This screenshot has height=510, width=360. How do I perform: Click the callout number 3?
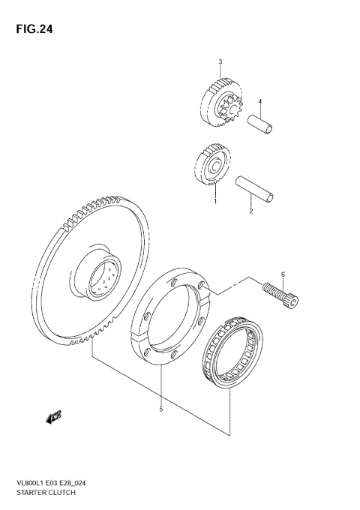pos(220,61)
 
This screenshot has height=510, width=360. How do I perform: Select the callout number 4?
pos(260,102)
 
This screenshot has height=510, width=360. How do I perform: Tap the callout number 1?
pos(214,202)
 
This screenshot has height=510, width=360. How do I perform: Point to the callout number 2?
pos(251,211)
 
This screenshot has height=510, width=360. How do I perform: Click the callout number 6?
pos(283,274)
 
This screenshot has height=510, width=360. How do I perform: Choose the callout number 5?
pos(161,409)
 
